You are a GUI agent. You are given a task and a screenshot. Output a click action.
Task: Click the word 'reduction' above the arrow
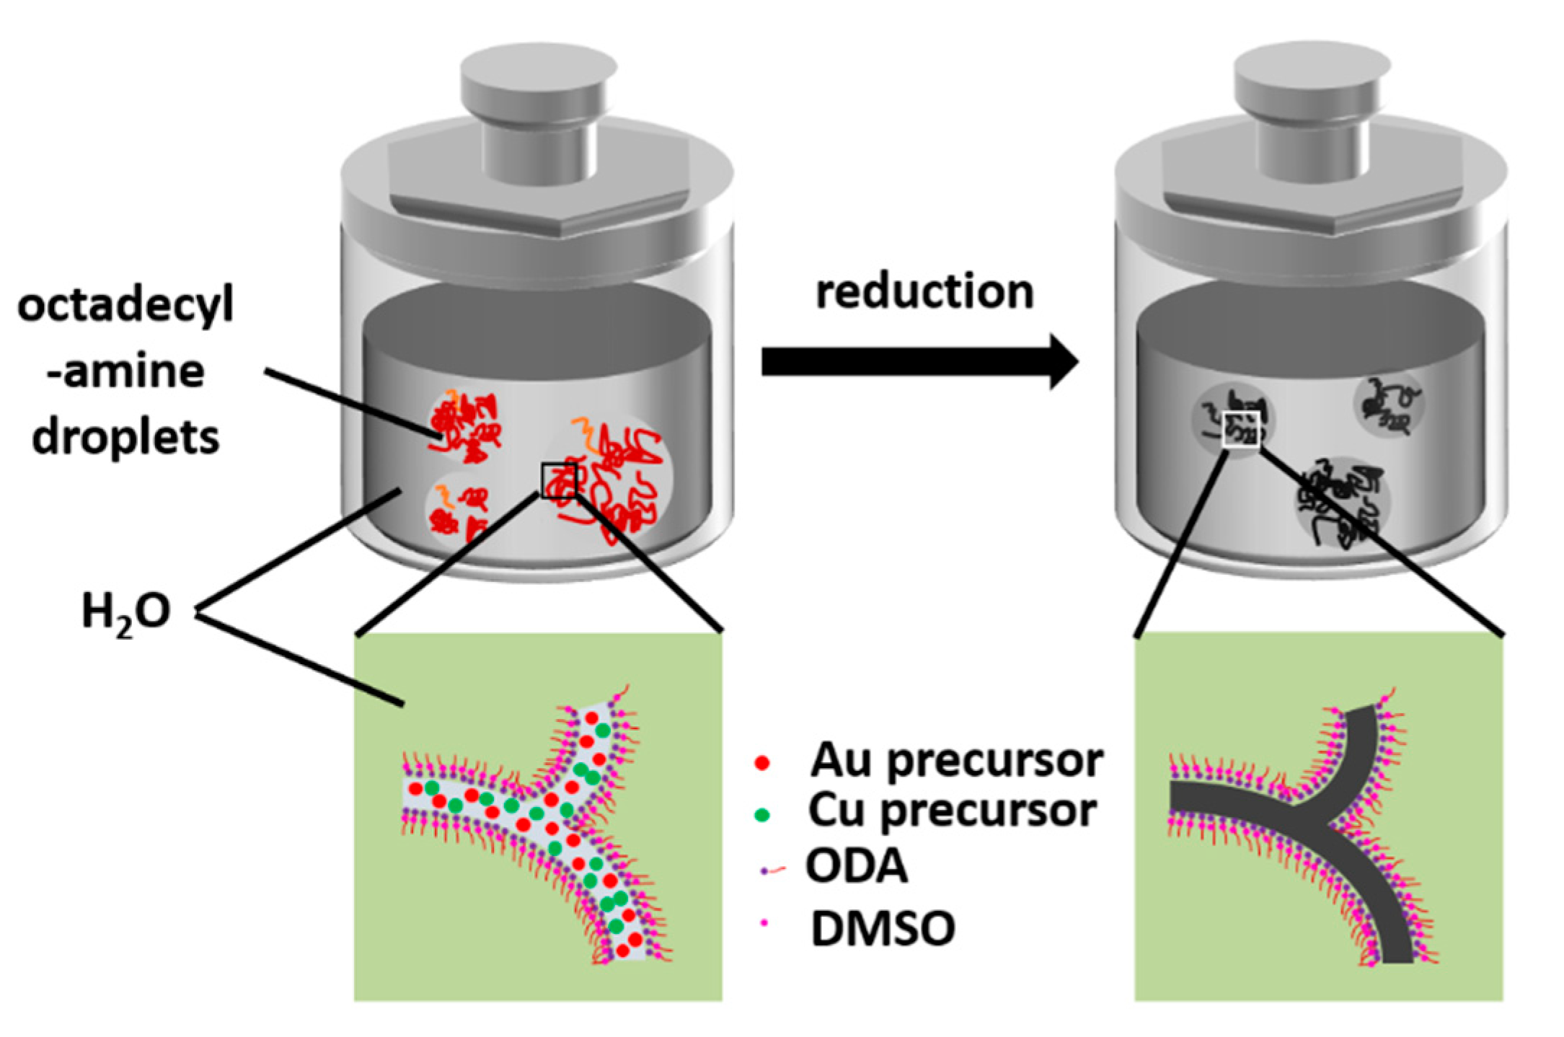(924, 293)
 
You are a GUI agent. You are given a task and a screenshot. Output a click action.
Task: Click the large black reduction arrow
(916, 361)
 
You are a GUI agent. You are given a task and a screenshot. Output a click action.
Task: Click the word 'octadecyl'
(126, 306)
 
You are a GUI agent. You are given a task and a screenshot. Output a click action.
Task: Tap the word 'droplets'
(126, 438)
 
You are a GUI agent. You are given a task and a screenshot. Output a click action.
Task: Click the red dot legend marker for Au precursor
(761, 762)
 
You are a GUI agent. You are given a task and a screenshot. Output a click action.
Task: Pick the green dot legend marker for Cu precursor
(761, 815)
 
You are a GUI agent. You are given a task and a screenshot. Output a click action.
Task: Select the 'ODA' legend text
(857, 866)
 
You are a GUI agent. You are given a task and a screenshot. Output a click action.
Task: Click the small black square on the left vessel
(560, 481)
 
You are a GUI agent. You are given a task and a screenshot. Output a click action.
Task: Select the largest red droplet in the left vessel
(613, 480)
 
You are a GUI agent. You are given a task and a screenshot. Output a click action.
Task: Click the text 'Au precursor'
(956, 761)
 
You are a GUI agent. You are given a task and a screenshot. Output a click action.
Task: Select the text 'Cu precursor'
(952, 812)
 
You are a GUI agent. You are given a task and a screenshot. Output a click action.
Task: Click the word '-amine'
(126, 372)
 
